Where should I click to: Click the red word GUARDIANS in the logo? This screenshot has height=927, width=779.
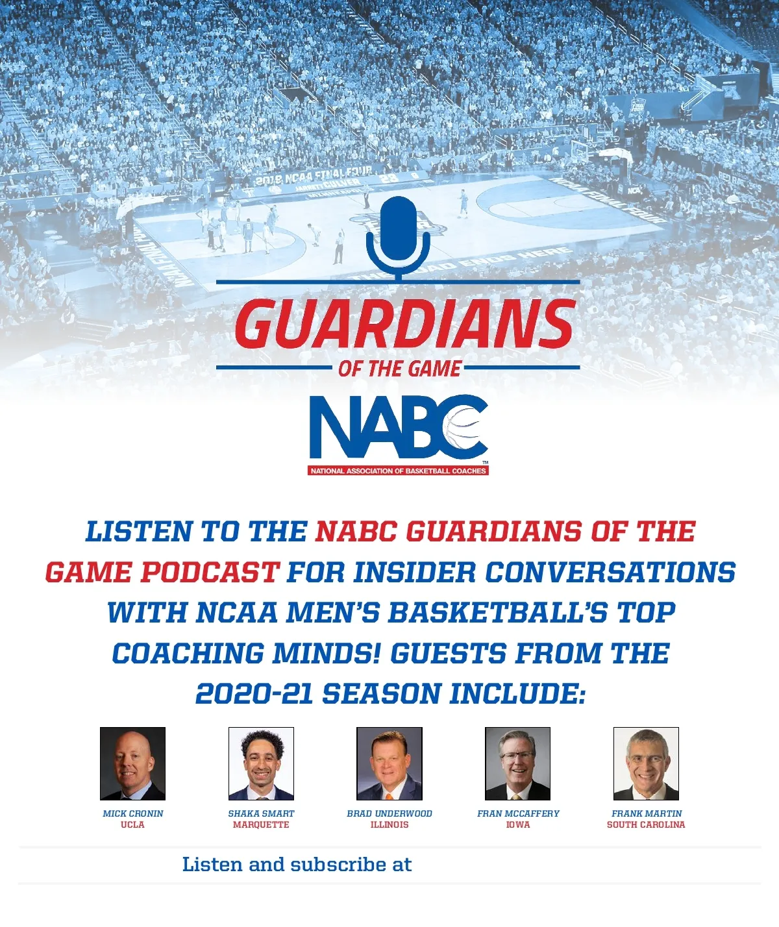click(404, 324)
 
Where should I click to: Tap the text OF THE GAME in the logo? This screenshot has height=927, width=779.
click(399, 369)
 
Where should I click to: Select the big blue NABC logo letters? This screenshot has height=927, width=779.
click(399, 426)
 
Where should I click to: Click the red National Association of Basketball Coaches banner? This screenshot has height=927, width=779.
click(398, 471)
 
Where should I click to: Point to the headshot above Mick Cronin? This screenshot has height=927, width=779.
click(133, 763)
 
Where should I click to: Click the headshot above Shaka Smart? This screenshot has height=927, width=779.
click(261, 763)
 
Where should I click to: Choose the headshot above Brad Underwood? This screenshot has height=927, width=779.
click(389, 763)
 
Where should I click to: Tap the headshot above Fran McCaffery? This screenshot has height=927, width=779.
click(518, 763)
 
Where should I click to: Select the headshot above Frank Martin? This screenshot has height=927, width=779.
click(646, 763)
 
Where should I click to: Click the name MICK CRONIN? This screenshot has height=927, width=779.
click(133, 813)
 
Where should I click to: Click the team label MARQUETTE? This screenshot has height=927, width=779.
click(261, 824)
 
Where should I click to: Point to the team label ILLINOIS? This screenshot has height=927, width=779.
click(389, 824)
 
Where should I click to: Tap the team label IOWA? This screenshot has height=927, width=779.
click(518, 824)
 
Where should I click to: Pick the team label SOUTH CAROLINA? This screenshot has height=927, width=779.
click(646, 824)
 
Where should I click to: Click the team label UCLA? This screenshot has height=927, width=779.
click(133, 824)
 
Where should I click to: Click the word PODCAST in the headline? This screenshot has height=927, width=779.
click(210, 573)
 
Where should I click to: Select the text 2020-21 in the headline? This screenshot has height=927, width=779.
click(254, 693)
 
